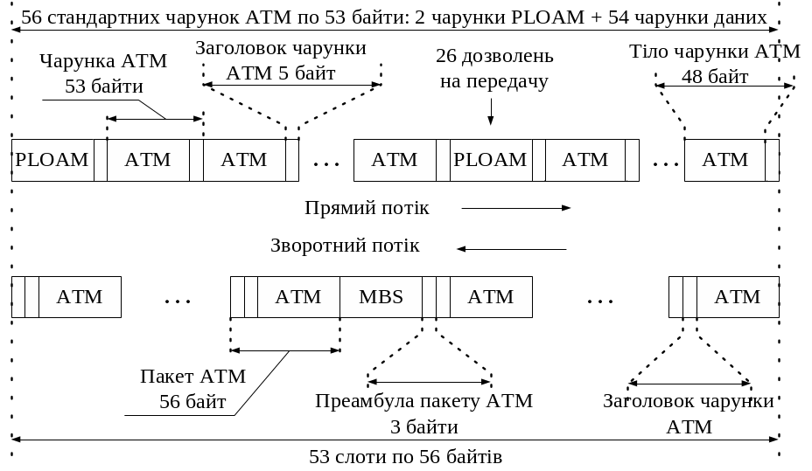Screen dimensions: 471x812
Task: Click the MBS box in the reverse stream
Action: pos(381,297)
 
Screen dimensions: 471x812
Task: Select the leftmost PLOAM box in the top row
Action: pos(52,160)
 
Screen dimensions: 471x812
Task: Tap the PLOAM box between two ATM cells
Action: pos(490,160)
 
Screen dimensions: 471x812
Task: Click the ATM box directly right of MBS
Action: pos(491,297)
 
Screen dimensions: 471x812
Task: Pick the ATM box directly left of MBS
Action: pos(298,297)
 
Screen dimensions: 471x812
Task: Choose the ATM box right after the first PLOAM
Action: pos(148,160)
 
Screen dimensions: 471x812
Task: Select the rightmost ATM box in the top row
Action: pos(724,160)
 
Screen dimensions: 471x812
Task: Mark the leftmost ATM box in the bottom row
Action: pos(80,297)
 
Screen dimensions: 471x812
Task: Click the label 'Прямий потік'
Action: pos(367,208)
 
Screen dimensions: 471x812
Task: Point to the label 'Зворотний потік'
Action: pos(345,246)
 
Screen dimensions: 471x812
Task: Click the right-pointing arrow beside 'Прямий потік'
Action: pos(515,208)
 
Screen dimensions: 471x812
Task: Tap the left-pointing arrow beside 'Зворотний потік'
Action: pos(511,249)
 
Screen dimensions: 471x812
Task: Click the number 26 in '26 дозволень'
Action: pos(447,57)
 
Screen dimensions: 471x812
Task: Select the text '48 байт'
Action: pos(715,77)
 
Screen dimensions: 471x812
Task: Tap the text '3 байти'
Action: pos(423,427)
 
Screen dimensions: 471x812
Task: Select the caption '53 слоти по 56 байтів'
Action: pos(405,457)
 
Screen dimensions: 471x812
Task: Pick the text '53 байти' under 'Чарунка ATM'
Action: pos(103,87)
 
